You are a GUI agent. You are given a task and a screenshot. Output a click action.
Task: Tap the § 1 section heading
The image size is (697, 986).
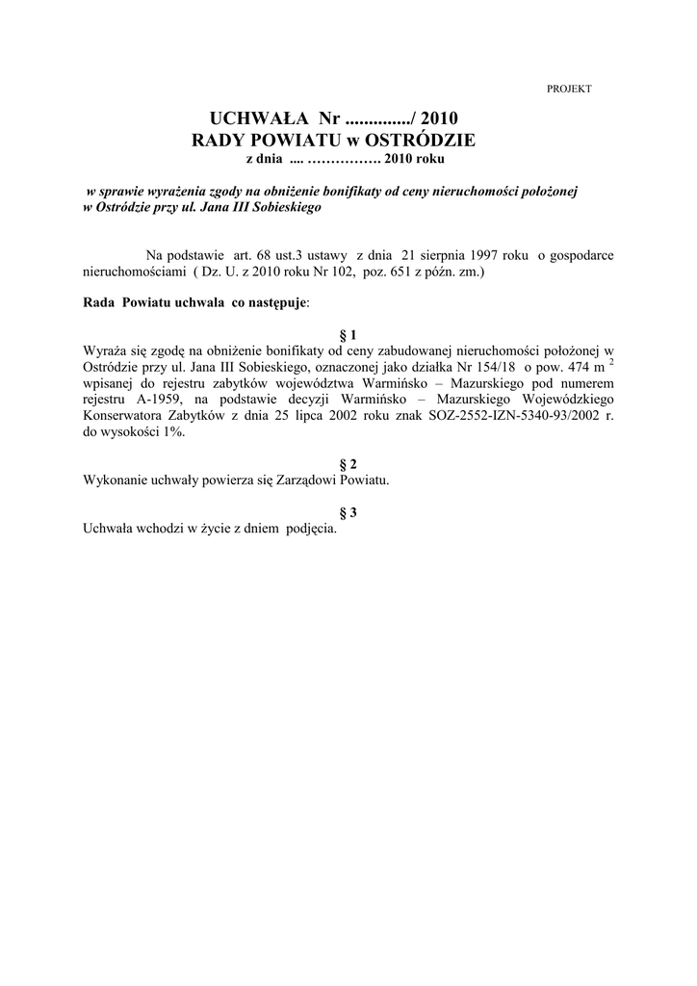[348, 334]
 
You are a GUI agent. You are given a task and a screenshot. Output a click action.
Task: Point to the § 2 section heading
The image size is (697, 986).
[348, 463]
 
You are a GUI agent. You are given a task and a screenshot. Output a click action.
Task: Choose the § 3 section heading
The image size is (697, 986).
[348, 512]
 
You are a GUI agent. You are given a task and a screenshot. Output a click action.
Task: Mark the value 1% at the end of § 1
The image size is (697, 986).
[172, 433]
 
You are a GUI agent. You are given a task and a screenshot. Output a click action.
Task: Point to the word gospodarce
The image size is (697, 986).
[581, 255]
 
